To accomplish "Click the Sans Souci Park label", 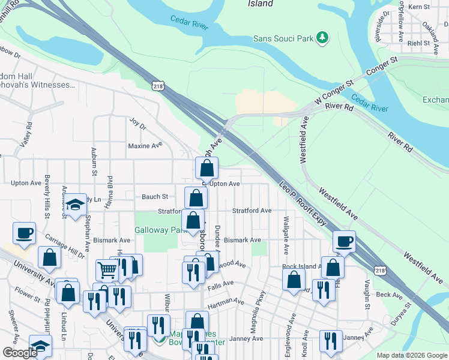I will pyautogui.click(x=283, y=38).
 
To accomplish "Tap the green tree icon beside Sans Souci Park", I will pyautogui.click(x=323, y=38).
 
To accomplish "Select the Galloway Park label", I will pyautogui.click(x=157, y=230).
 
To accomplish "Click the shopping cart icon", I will pyautogui.click(x=107, y=270).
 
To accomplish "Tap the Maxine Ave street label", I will pyautogui.click(x=145, y=146).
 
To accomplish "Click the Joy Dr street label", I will pyautogui.click(x=137, y=124).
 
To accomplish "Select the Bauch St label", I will pyautogui.click(x=155, y=196).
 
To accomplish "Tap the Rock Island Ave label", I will pyautogui.click(x=302, y=266).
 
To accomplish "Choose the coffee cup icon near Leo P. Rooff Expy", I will pyautogui.click(x=345, y=241).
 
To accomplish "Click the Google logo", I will pyautogui.click(x=19, y=353).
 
